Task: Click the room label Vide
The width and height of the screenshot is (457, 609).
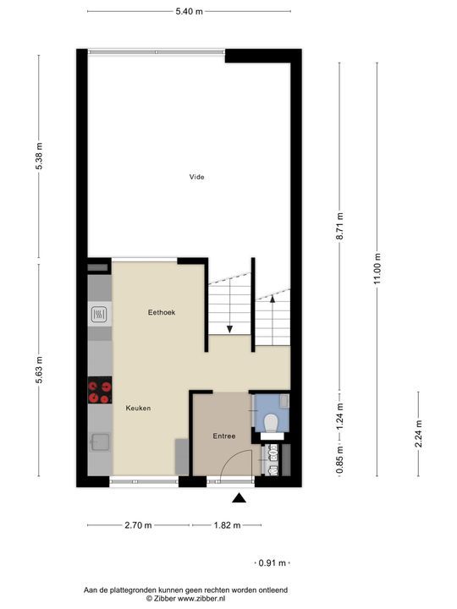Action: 196,177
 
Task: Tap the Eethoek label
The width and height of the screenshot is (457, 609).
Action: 161,312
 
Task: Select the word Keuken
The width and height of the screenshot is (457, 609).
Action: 138,408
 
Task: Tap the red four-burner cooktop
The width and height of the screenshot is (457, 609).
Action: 99,391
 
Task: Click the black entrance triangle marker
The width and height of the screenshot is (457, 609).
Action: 241,498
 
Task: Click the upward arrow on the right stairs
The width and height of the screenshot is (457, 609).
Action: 273,299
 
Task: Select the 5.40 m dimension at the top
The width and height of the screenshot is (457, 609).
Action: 189,12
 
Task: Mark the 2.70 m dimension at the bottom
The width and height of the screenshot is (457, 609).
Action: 138,525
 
